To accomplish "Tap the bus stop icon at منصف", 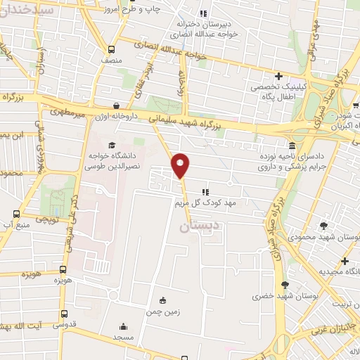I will pos(112,49).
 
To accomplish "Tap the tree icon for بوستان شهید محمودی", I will pos(323,226).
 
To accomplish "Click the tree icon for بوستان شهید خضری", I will pos(285,285).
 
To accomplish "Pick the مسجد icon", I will pos(124,326).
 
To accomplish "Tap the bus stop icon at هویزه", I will pos(63,269).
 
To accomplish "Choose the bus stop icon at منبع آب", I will pos(15,213).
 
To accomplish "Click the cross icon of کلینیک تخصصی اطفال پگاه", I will pos(279,76).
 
